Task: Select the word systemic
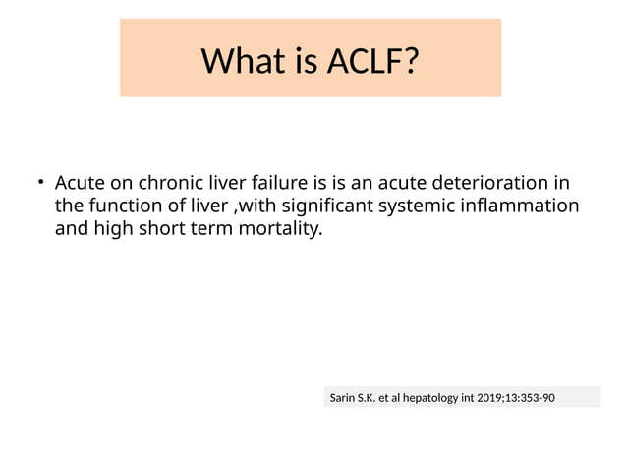click(x=424, y=206)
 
